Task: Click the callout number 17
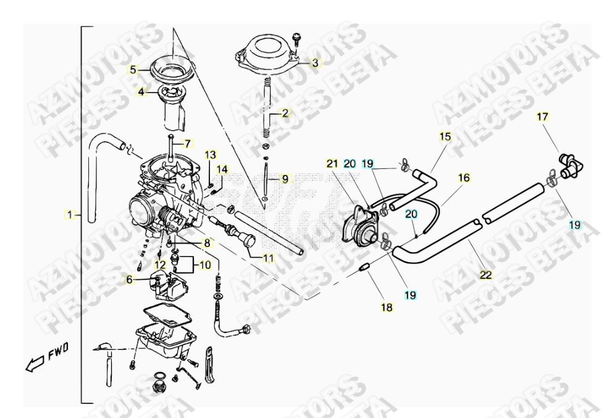[x=542, y=116]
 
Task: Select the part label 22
[x=487, y=275]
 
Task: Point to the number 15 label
[x=445, y=136]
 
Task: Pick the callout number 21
[x=332, y=163]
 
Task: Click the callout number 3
[x=315, y=62]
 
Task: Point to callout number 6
[x=129, y=279]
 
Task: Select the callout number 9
[x=285, y=179]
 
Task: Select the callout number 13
[x=211, y=154]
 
